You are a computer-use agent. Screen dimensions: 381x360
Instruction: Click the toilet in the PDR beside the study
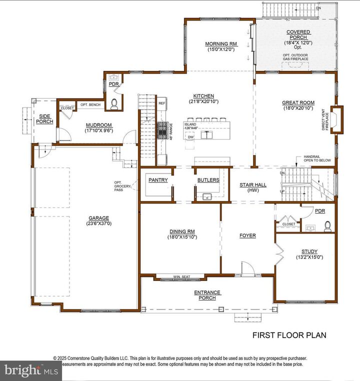coord(328,226)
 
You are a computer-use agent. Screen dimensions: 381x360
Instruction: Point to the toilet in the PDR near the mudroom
coord(114,103)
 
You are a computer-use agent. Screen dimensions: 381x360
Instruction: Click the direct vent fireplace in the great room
coord(338,120)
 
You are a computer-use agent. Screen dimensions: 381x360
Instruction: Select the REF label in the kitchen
coord(161,103)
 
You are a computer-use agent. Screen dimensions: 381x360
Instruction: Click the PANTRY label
coord(158,180)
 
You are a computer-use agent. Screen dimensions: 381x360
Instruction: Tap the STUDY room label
coord(309,251)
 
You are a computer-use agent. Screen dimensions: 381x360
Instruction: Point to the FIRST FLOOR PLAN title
coord(289,335)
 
